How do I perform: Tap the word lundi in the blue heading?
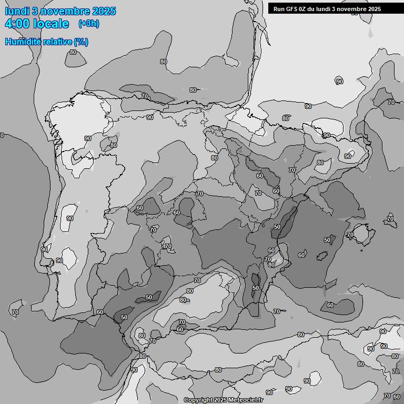coord(17,11)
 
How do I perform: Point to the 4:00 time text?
coord(17,24)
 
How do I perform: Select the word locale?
coord(51,24)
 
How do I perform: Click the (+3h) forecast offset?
coord(88,24)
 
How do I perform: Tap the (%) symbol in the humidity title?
coord(80,42)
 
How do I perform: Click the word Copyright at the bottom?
coord(198,400)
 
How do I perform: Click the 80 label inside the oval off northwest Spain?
coord(73,52)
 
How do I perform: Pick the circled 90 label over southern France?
coord(339,82)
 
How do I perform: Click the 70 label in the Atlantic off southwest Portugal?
coord(15,312)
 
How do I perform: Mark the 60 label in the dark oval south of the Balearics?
coord(330,305)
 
